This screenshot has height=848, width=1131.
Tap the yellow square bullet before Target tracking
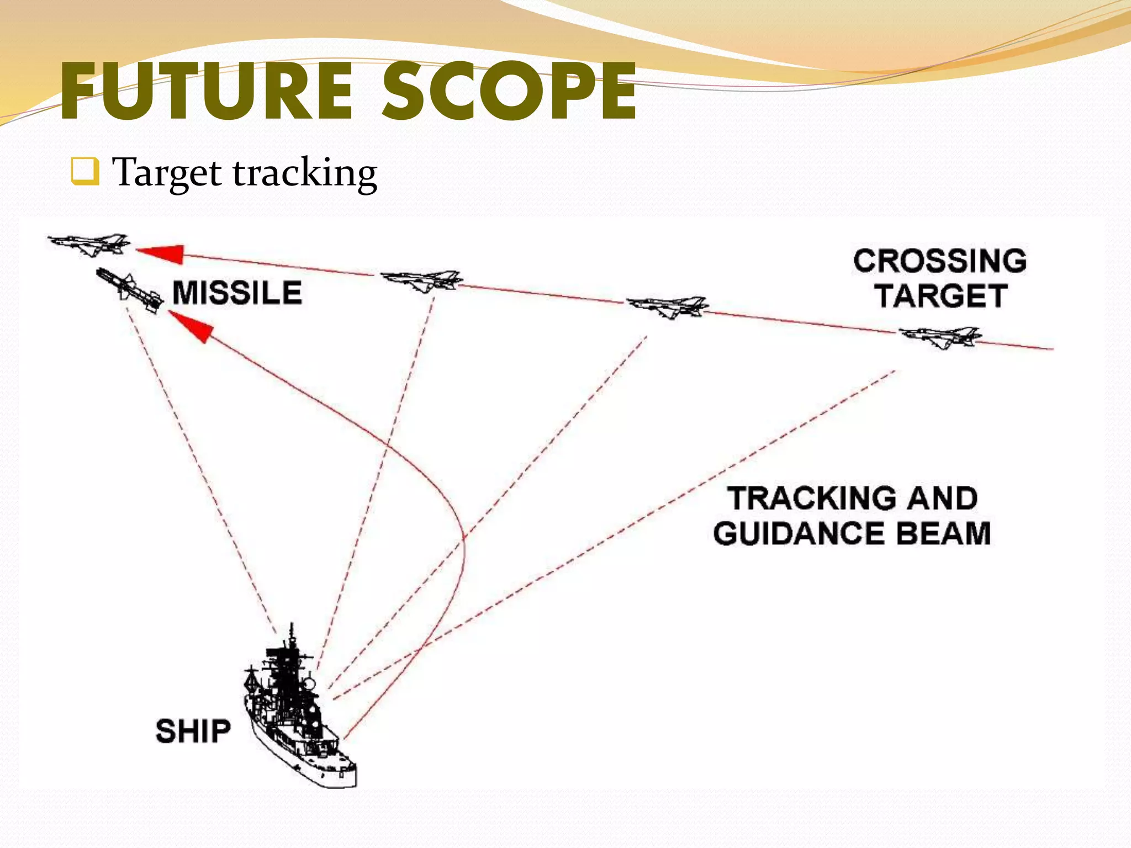tap(85, 171)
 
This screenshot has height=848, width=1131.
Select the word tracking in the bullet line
tap(305, 173)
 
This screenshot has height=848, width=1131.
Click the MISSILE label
tap(237, 293)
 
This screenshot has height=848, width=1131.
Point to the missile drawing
tap(130, 290)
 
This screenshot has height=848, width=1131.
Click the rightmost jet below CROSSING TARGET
tap(940, 336)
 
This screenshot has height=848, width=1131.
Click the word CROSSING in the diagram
tap(939, 261)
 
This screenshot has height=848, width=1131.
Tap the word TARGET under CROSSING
tap(940, 296)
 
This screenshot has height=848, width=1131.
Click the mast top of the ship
tap(292, 629)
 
